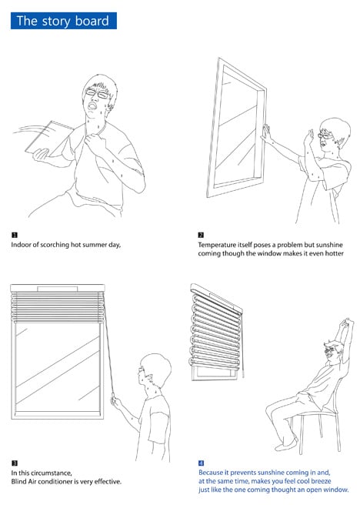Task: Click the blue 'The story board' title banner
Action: [64, 21]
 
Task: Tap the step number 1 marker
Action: [15, 235]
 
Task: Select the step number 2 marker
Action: [201, 235]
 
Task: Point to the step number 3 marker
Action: [15, 463]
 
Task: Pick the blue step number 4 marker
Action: [201, 463]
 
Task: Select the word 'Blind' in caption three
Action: [18, 482]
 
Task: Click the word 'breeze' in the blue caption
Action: [320, 481]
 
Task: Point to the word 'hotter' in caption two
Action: [335, 253]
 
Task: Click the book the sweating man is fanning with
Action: [49, 138]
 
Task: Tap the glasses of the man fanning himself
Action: [97, 94]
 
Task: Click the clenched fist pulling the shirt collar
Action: [95, 142]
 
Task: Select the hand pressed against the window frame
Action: [267, 134]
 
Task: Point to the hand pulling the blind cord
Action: [115, 402]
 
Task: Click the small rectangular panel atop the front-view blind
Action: [58, 289]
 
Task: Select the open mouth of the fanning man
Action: [92, 105]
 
